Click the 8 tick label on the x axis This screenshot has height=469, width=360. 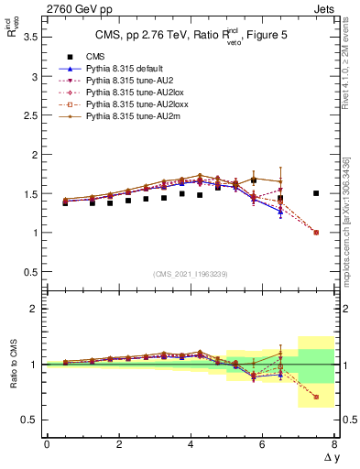334,444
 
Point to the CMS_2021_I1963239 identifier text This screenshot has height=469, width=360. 190,274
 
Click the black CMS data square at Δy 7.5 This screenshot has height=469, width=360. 316,193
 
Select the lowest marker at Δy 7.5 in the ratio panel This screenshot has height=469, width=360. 316,397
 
